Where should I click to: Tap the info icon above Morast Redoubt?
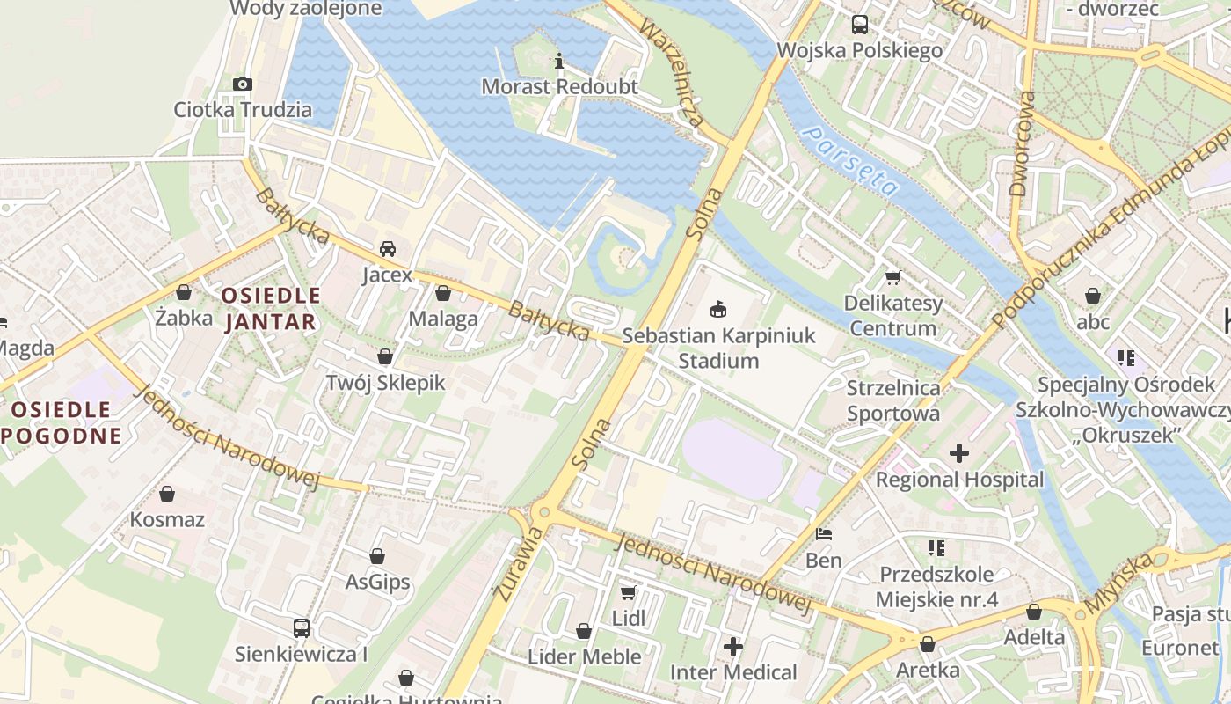click(558, 61)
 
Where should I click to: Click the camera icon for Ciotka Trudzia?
click(243, 84)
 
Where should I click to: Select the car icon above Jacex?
click(387, 248)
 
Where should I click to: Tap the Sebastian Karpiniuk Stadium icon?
click(718, 309)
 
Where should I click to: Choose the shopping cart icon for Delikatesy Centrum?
click(892, 277)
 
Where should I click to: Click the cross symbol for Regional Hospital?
click(959, 453)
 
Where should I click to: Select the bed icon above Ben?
click(824, 533)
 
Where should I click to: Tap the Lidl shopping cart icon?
click(628, 592)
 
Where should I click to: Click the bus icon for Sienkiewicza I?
click(301, 627)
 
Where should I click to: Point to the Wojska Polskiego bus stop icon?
click(859, 24)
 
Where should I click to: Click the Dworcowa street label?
click(1019, 143)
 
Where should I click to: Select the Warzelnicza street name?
click(672, 73)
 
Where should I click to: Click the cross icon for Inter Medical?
click(733, 647)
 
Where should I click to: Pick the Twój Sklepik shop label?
click(385, 383)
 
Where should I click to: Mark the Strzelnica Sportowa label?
click(892, 400)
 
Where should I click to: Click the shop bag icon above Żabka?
click(184, 291)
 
